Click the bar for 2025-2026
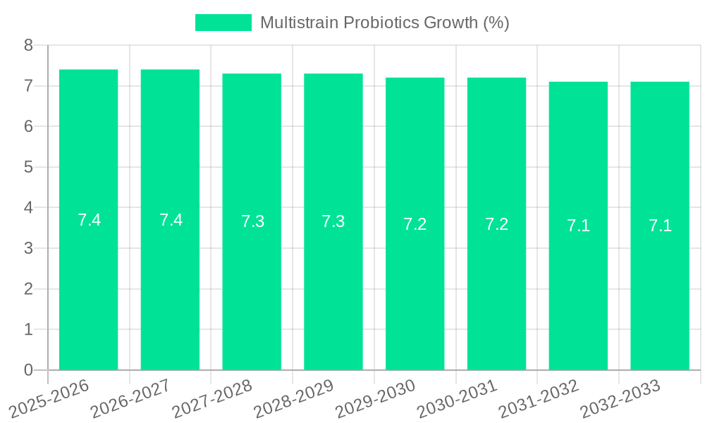[88, 282]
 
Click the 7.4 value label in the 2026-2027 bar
[171, 220]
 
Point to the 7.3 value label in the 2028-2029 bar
[333, 221]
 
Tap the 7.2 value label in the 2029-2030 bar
[415, 224]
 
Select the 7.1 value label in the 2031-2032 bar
[578, 226]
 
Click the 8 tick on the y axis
[28, 45]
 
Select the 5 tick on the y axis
[28, 167]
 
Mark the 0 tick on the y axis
[28, 370]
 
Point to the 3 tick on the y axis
[28, 248]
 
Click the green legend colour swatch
[223, 23]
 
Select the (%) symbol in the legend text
[496, 23]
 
